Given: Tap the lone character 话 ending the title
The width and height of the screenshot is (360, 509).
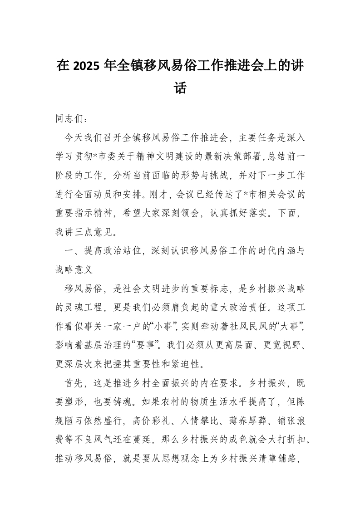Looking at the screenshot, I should (180, 88).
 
